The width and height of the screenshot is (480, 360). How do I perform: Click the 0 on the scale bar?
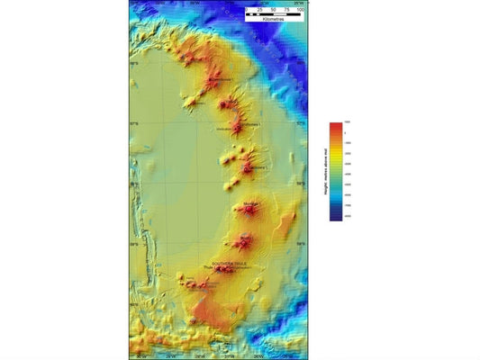[x=247, y=9]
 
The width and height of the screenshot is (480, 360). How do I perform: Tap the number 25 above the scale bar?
[x=260, y=9]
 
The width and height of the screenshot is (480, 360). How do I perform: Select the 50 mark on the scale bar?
[x=275, y=9]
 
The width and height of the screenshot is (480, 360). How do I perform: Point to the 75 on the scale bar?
[x=288, y=9]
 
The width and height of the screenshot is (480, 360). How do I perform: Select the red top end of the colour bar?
[x=335, y=125]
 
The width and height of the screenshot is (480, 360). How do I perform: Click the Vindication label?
[x=225, y=130]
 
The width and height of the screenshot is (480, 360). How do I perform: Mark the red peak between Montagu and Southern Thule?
[x=242, y=241]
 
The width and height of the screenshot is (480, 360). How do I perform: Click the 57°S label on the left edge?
[x=134, y=123]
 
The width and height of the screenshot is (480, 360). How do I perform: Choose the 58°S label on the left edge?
[x=134, y=184]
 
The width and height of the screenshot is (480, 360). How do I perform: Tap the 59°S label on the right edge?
[x=299, y=245]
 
